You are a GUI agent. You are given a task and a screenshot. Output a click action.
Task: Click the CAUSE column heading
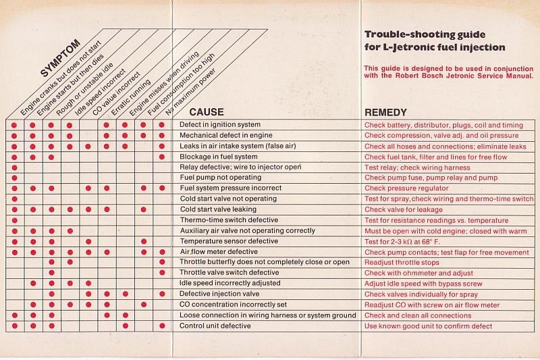pos(207,112)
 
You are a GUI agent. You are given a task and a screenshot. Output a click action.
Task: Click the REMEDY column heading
pos(385,112)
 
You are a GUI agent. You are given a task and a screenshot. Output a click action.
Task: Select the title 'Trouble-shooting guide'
pos(425,34)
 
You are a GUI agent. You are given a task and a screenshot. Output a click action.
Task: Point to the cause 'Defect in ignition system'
pos(220,125)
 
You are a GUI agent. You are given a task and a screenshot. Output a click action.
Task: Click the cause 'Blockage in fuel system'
pos(218,157)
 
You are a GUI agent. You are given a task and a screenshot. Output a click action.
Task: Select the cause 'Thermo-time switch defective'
pos(228,220)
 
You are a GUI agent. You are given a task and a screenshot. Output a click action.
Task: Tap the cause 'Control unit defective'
pos(215,326)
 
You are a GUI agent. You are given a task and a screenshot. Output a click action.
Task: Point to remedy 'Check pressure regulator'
pos(406,188)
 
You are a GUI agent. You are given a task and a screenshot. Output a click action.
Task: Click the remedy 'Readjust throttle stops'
pos(402,263)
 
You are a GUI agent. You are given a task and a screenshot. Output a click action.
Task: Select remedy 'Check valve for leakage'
pos(404,209)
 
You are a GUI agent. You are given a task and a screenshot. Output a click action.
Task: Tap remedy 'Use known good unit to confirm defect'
pos(428,326)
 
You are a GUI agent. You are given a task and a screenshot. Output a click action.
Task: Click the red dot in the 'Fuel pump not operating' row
pos(14,178)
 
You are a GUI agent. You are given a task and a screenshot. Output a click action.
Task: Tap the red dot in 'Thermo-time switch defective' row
pos(14,220)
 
